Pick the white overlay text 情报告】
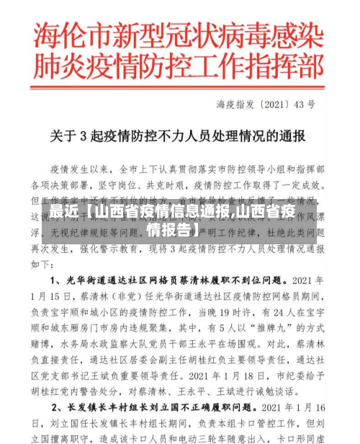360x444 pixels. coord(173,231)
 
